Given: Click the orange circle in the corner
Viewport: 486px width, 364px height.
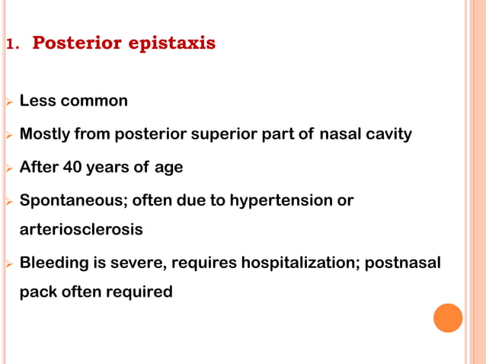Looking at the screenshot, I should (448, 318).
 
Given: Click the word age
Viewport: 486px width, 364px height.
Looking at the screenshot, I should (168, 168).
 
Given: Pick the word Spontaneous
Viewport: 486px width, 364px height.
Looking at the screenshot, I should (73, 201).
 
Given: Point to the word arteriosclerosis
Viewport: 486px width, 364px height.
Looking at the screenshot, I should (81, 229).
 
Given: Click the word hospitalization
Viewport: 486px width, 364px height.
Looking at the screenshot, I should (300, 263).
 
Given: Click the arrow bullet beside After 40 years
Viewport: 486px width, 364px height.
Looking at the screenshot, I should (8, 168).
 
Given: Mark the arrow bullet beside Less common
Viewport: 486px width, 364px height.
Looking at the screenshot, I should (8, 101).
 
